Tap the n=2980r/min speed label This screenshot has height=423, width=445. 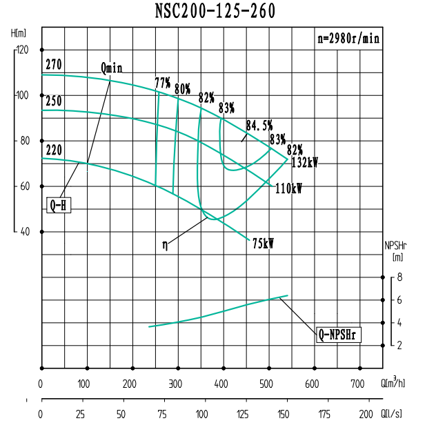click(x=348, y=39)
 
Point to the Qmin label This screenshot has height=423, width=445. click(x=111, y=68)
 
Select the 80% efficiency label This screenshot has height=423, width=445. click(x=183, y=88)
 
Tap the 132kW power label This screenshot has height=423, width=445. click(x=304, y=164)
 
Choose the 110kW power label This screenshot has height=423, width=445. click(x=288, y=188)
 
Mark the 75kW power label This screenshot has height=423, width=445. click(x=263, y=244)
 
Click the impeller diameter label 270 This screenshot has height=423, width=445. click(x=54, y=65)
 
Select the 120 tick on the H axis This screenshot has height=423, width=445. click(x=23, y=50)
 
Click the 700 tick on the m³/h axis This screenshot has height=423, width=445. click(x=358, y=384)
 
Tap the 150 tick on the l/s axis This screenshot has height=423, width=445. click(x=283, y=415)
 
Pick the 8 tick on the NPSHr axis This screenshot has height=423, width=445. click(x=399, y=277)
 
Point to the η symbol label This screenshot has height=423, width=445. click(x=165, y=243)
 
